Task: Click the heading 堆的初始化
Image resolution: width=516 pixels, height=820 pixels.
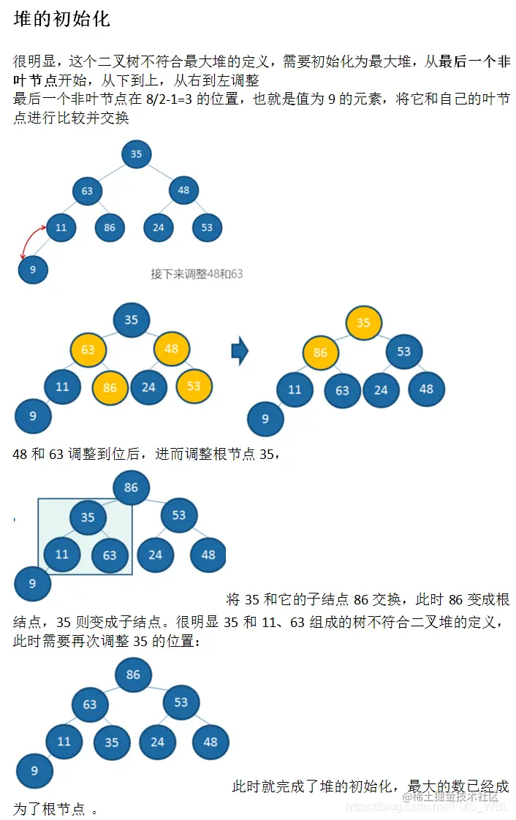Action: [x=61, y=20]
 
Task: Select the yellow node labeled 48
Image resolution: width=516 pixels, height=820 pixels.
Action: [x=172, y=349]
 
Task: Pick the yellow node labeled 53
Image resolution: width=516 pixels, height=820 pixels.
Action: [x=194, y=386]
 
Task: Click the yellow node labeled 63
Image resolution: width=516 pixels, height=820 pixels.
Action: [x=88, y=349]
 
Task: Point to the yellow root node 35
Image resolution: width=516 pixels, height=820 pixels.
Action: [x=363, y=323]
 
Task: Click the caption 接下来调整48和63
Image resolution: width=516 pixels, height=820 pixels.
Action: [x=196, y=274]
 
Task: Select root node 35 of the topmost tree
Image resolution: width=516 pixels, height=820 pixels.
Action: [x=136, y=154]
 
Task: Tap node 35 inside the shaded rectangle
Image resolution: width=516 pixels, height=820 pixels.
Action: [x=88, y=517]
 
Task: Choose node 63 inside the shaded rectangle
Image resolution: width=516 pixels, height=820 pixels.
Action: [x=110, y=555]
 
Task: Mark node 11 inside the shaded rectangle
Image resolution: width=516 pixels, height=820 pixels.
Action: [x=62, y=554]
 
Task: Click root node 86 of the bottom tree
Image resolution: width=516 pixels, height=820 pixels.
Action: [x=132, y=675]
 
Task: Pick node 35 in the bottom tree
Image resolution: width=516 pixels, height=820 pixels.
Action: [x=111, y=742]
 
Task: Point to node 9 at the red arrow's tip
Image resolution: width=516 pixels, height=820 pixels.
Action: [x=32, y=270]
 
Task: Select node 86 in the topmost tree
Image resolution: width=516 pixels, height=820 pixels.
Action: [x=110, y=227]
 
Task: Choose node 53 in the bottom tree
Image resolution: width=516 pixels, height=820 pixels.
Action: [x=181, y=703]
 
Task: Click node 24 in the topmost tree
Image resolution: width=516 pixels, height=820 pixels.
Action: [x=158, y=227]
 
